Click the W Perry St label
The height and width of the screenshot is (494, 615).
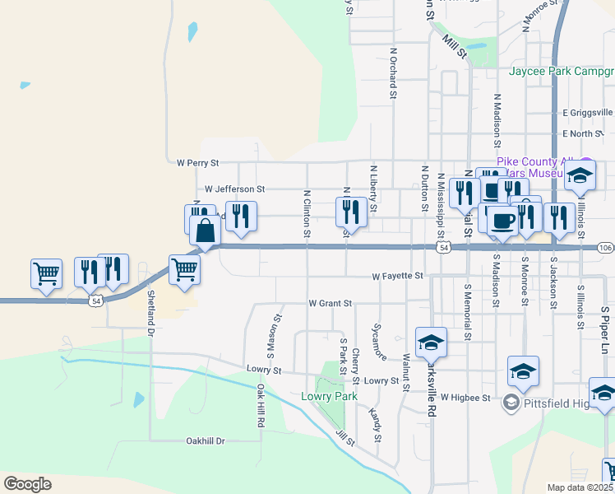pyautogui.click(x=192, y=163)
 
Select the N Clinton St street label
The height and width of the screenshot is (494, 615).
pyautogui.click(x=307, y=215)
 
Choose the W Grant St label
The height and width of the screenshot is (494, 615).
pyautogui.click(x=330, y=303)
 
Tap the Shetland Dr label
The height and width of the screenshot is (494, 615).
pyautogui.click(x=150, y=313)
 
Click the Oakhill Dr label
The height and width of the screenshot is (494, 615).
pyautogui.click(x=205, y=441)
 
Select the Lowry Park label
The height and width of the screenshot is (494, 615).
pyautogui.click(x=329, y=396)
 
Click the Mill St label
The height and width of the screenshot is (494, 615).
pyautogui.click(x=454, y=46)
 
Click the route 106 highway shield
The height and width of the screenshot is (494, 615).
pyautogui.click(x=606, y=248)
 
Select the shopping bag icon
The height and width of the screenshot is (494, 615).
pyautogui.click(x=206, y=231)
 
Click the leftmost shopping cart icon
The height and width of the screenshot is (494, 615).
pyautogui.click(x=47, y=273)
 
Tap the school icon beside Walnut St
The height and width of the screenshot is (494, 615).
pyautogui.click(x=431, y=342)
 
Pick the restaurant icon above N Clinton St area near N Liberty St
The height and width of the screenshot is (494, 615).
pyautogui.click(x=351, y=211)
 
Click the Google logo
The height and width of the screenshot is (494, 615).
pyautogui.click(x=27, y=484)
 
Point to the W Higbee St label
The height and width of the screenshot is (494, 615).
pyautogui.click(x=465, y=397)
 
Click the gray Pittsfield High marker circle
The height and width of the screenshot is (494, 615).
pyautogui.click(x=511, y=402)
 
